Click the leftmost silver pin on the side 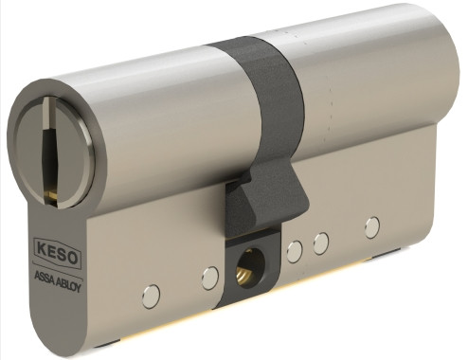tap(151, 297)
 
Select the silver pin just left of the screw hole tap(209, 278)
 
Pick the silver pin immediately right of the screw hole tap(295, 251)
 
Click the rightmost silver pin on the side tap(372, 226)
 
